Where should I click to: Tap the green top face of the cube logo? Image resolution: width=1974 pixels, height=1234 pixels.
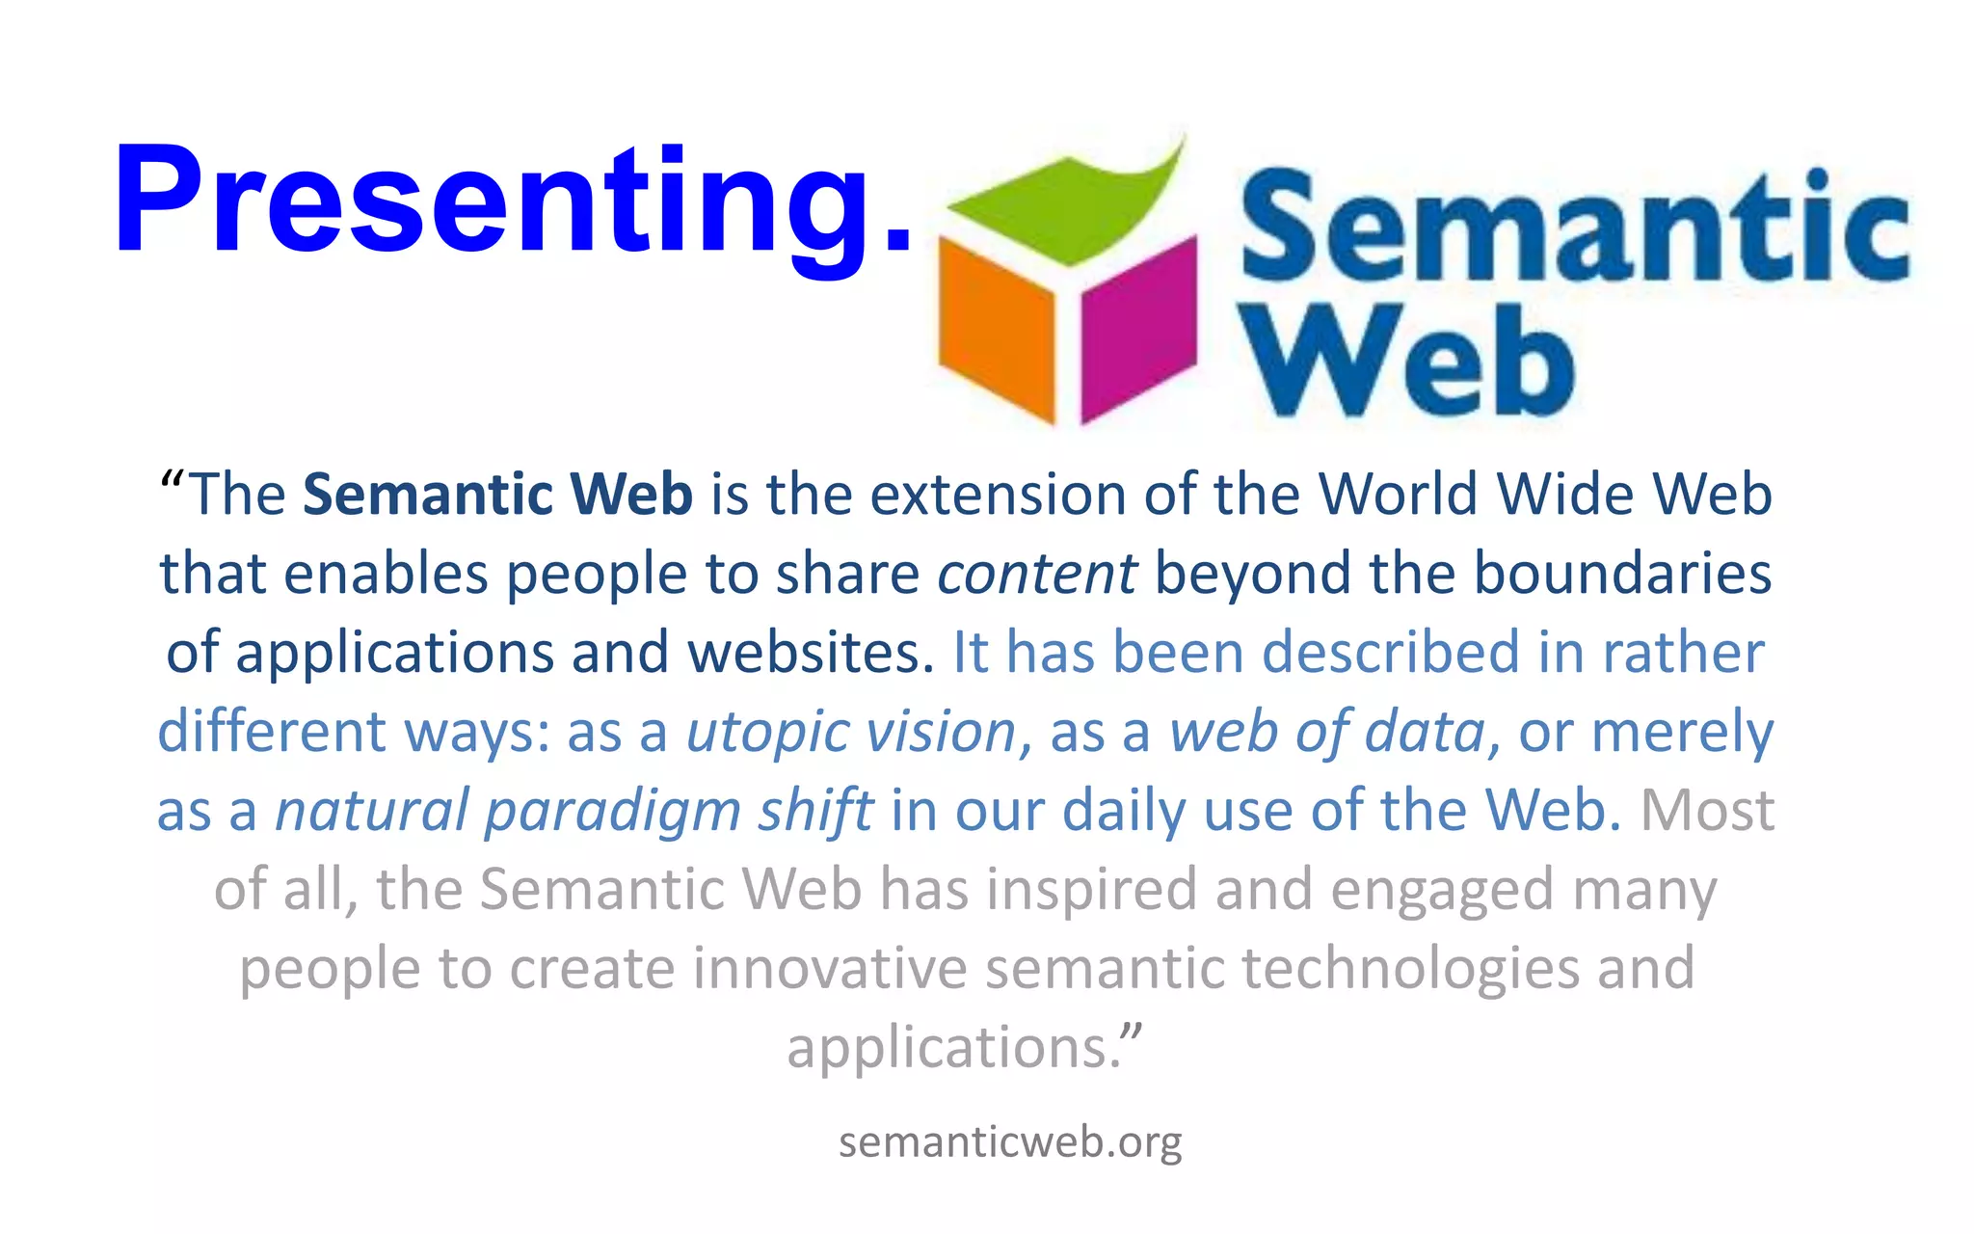(1070, 207)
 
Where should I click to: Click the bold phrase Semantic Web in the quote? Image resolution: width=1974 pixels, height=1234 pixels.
(497, 495)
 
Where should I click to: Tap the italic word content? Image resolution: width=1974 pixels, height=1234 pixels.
(1037, 574)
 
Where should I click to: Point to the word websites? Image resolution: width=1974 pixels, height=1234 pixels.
(810, 653)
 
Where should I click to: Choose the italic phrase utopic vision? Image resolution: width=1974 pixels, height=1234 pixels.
(851, 732)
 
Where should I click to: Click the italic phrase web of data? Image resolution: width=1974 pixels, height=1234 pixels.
(1327, 732)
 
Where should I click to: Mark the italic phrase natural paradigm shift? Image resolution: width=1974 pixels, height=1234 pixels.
(574, 811)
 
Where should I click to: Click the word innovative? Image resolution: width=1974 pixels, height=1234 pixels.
(829, 968)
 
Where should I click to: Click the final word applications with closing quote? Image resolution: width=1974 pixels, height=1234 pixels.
(964, 1048)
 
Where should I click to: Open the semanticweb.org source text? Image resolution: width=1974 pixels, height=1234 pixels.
(1010, 1142)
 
